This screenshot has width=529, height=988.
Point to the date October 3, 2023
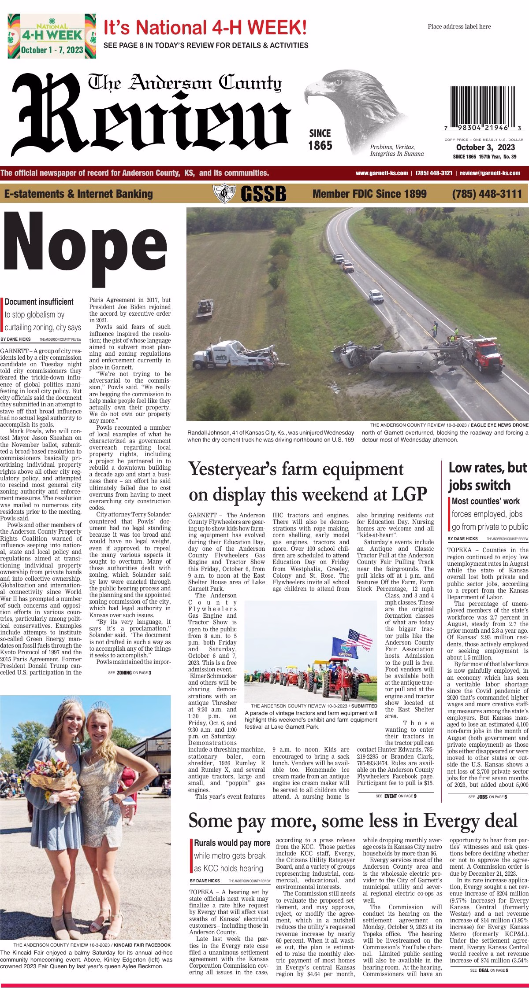(482, 147)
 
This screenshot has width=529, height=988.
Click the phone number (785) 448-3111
(487, 194)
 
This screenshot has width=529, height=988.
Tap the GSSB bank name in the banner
(263, 194)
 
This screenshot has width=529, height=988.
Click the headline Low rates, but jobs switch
(488, 476)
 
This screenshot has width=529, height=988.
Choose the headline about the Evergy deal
(353, 821)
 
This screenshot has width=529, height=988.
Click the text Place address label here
(459, 26)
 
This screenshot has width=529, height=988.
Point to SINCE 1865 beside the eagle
(320, 139)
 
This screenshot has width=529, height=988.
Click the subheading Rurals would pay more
(232, 843)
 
